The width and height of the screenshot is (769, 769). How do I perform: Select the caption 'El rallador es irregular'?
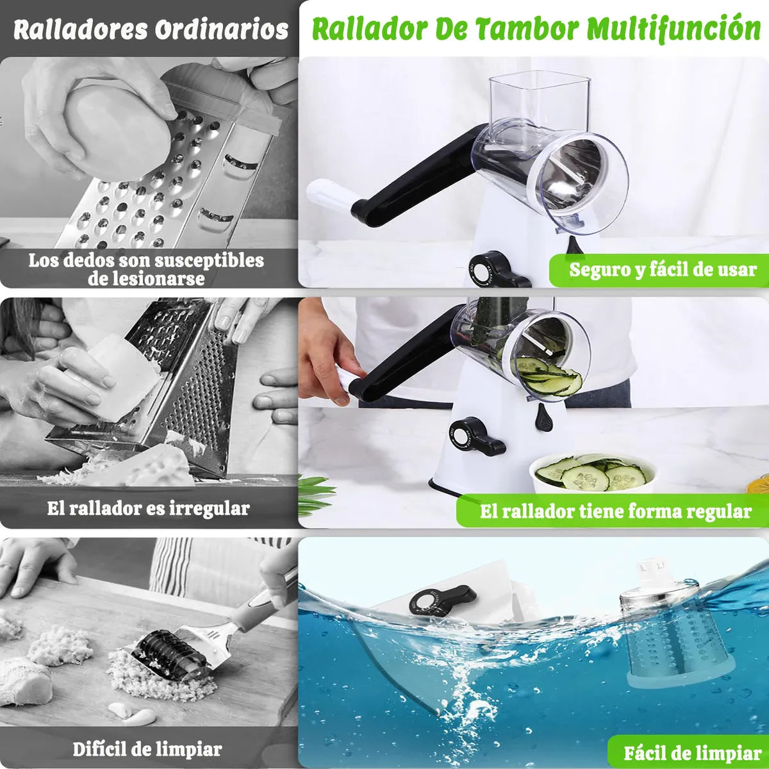148,509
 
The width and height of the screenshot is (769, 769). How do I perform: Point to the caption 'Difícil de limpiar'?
147,748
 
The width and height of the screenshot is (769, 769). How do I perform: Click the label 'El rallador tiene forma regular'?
615,511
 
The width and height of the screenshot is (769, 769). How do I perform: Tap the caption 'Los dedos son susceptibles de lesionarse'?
146,269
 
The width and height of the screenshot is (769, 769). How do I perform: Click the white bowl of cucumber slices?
593,474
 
